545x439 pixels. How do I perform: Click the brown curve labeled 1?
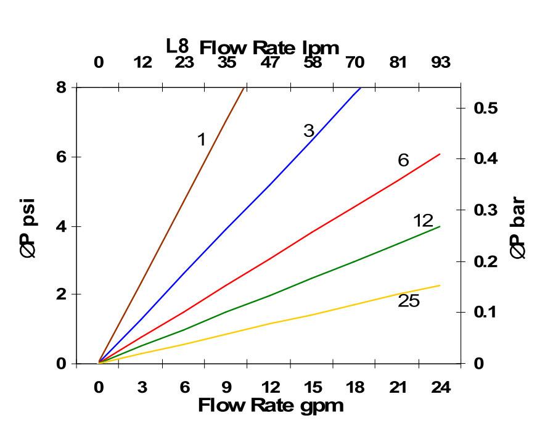[185, 205]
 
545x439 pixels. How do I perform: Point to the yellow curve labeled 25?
[308, 315]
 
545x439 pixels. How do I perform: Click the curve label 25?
[408, 301]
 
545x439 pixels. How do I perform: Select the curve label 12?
[423, 221]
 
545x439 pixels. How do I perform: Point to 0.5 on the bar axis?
[486, 108]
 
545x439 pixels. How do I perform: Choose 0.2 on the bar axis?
[486, 261]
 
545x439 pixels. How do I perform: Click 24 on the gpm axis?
[440, 388]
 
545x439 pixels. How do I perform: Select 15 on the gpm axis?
[312, 388]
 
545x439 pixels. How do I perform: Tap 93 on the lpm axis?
[440, 62]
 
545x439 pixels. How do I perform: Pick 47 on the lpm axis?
[270, 62]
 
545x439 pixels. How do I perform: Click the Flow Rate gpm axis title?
[271, 405]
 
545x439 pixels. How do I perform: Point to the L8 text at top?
[178, 46]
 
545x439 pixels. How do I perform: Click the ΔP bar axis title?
[518, 228]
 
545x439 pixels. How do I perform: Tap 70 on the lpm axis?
[355, 62]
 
